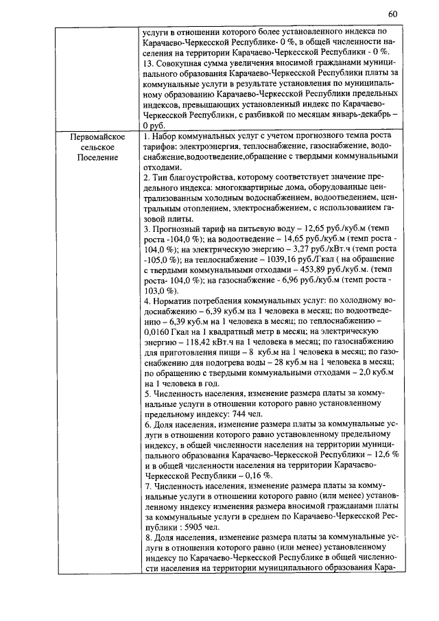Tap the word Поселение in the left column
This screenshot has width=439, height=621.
pyautogui.click(x=96, y=157)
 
